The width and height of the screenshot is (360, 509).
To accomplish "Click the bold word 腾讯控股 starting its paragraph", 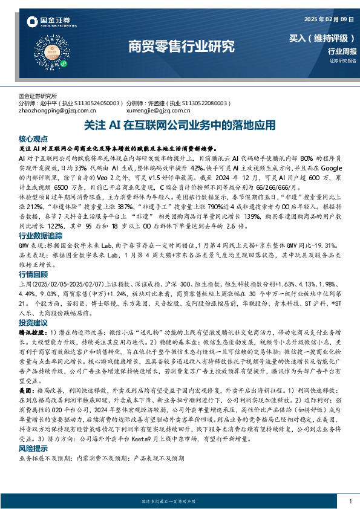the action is (x=30, y=332).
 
